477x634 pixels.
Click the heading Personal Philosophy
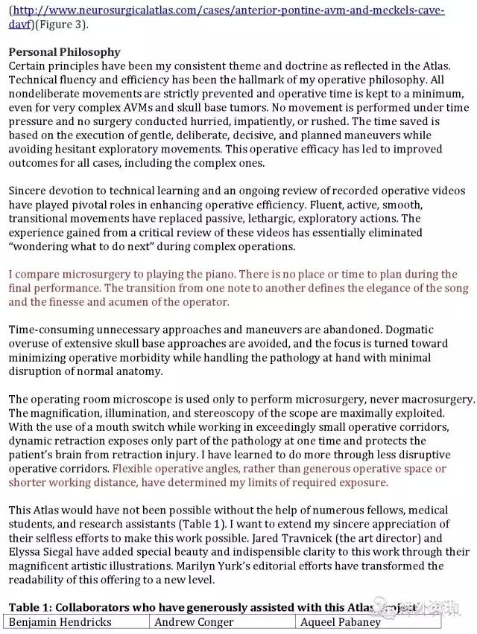64,52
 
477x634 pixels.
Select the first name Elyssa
26,552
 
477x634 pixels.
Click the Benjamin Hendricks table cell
60,622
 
